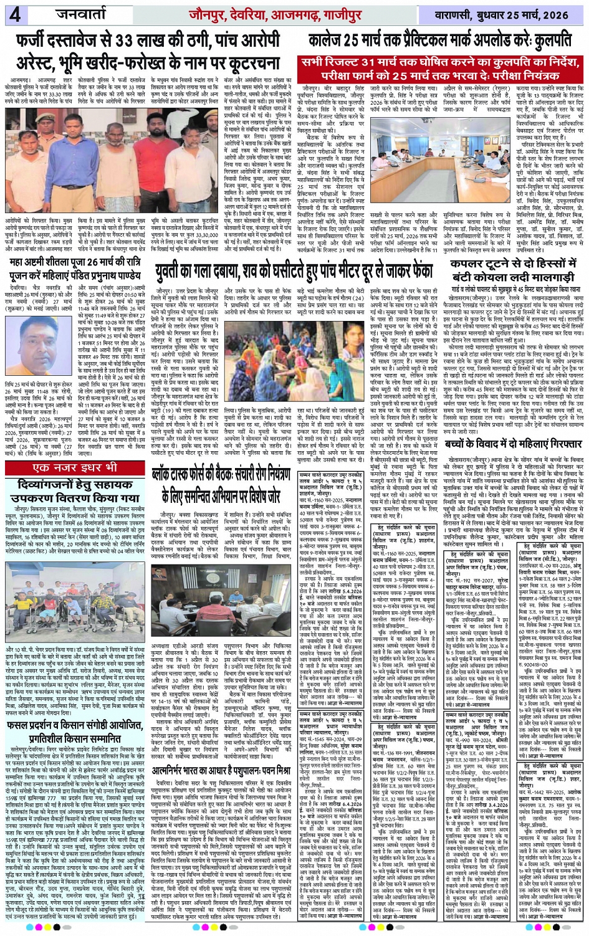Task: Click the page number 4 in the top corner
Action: click(15, 14)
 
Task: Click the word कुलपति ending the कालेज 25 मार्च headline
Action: click(552, 41)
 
